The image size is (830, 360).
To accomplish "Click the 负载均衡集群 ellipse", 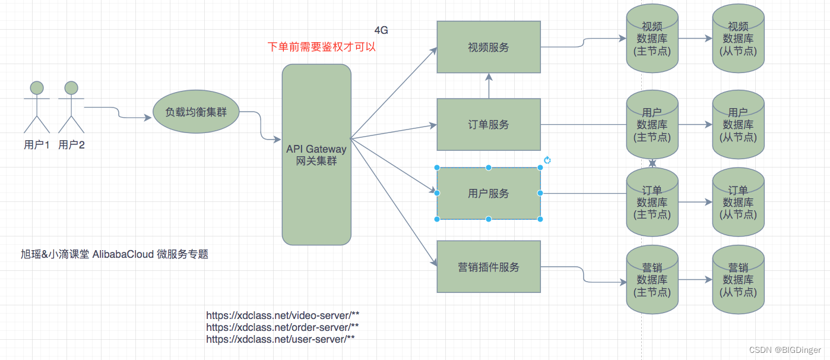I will tap(196, 112).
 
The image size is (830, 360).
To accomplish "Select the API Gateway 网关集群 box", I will tap(316, 154).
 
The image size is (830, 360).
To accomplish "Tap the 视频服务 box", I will tap(489, 47).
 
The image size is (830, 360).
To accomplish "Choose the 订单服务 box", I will tap(489, 124).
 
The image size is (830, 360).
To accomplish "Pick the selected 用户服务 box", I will tap(489, 193).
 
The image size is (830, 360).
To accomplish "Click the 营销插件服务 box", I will tap(489, 267).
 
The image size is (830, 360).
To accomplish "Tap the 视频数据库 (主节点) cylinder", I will tap(652, 39).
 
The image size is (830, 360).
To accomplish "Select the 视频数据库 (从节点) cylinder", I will tap(738, 39).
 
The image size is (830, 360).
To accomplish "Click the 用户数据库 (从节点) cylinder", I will tap(738, 125).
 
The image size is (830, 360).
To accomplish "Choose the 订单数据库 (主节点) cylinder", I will tap(652, 202).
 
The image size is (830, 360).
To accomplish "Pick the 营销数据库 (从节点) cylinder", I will tap(738, 279).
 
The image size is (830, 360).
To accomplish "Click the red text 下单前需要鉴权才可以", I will tap(322, 47).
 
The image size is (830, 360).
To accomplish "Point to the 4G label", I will tap(381, 30).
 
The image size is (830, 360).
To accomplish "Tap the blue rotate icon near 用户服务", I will tap(547, 160).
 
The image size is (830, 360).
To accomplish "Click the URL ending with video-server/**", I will tap(283, 315).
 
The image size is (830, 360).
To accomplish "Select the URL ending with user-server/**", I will tap(280, 339).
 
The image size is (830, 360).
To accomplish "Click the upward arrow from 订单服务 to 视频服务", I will tap(489, 86).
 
